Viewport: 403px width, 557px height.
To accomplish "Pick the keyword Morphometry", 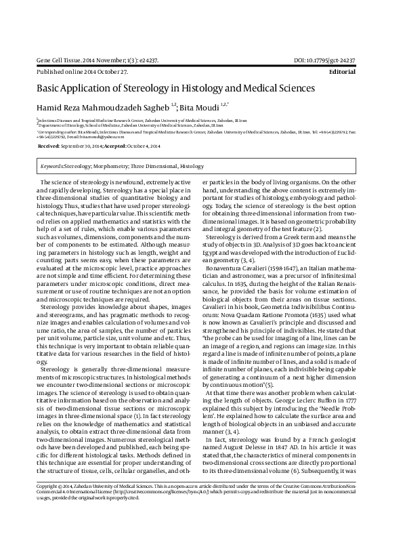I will pos(107,165).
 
